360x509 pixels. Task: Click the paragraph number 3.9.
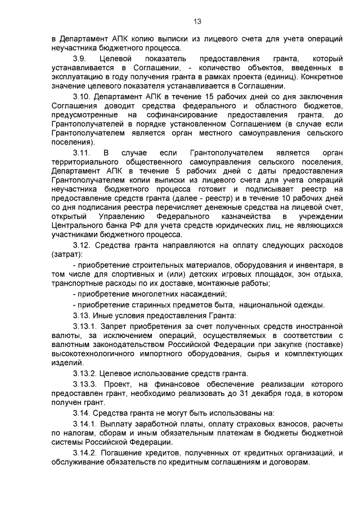(x=80, y=58)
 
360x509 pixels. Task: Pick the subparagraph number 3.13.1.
(x=85, y=326)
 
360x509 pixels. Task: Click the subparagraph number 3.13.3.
(x=85, y=384)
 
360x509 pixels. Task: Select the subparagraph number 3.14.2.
(x=85, y=452)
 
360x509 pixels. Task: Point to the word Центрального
(x=77, y=226)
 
